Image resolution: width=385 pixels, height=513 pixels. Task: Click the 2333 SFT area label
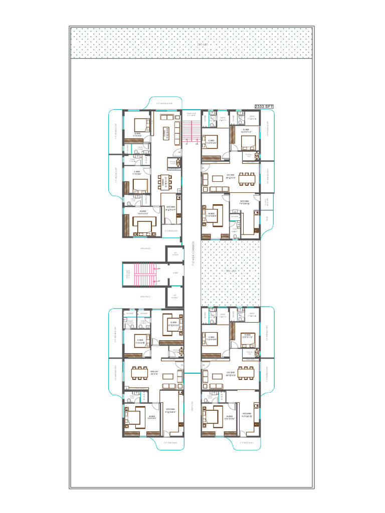[264, 107]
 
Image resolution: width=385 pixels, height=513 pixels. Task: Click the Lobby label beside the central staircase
[175, 273]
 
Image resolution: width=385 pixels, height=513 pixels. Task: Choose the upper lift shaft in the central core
[175, 253]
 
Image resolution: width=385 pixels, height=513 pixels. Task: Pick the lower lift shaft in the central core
[175, 296]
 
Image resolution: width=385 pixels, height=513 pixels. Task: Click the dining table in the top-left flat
[164, 182]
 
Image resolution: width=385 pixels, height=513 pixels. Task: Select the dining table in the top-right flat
[246, 178]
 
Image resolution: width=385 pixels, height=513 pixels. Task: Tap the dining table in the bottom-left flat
[138, 373]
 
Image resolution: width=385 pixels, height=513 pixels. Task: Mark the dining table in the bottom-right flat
[246, 373]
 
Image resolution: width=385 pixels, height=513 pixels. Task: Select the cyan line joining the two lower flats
[192, 374]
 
